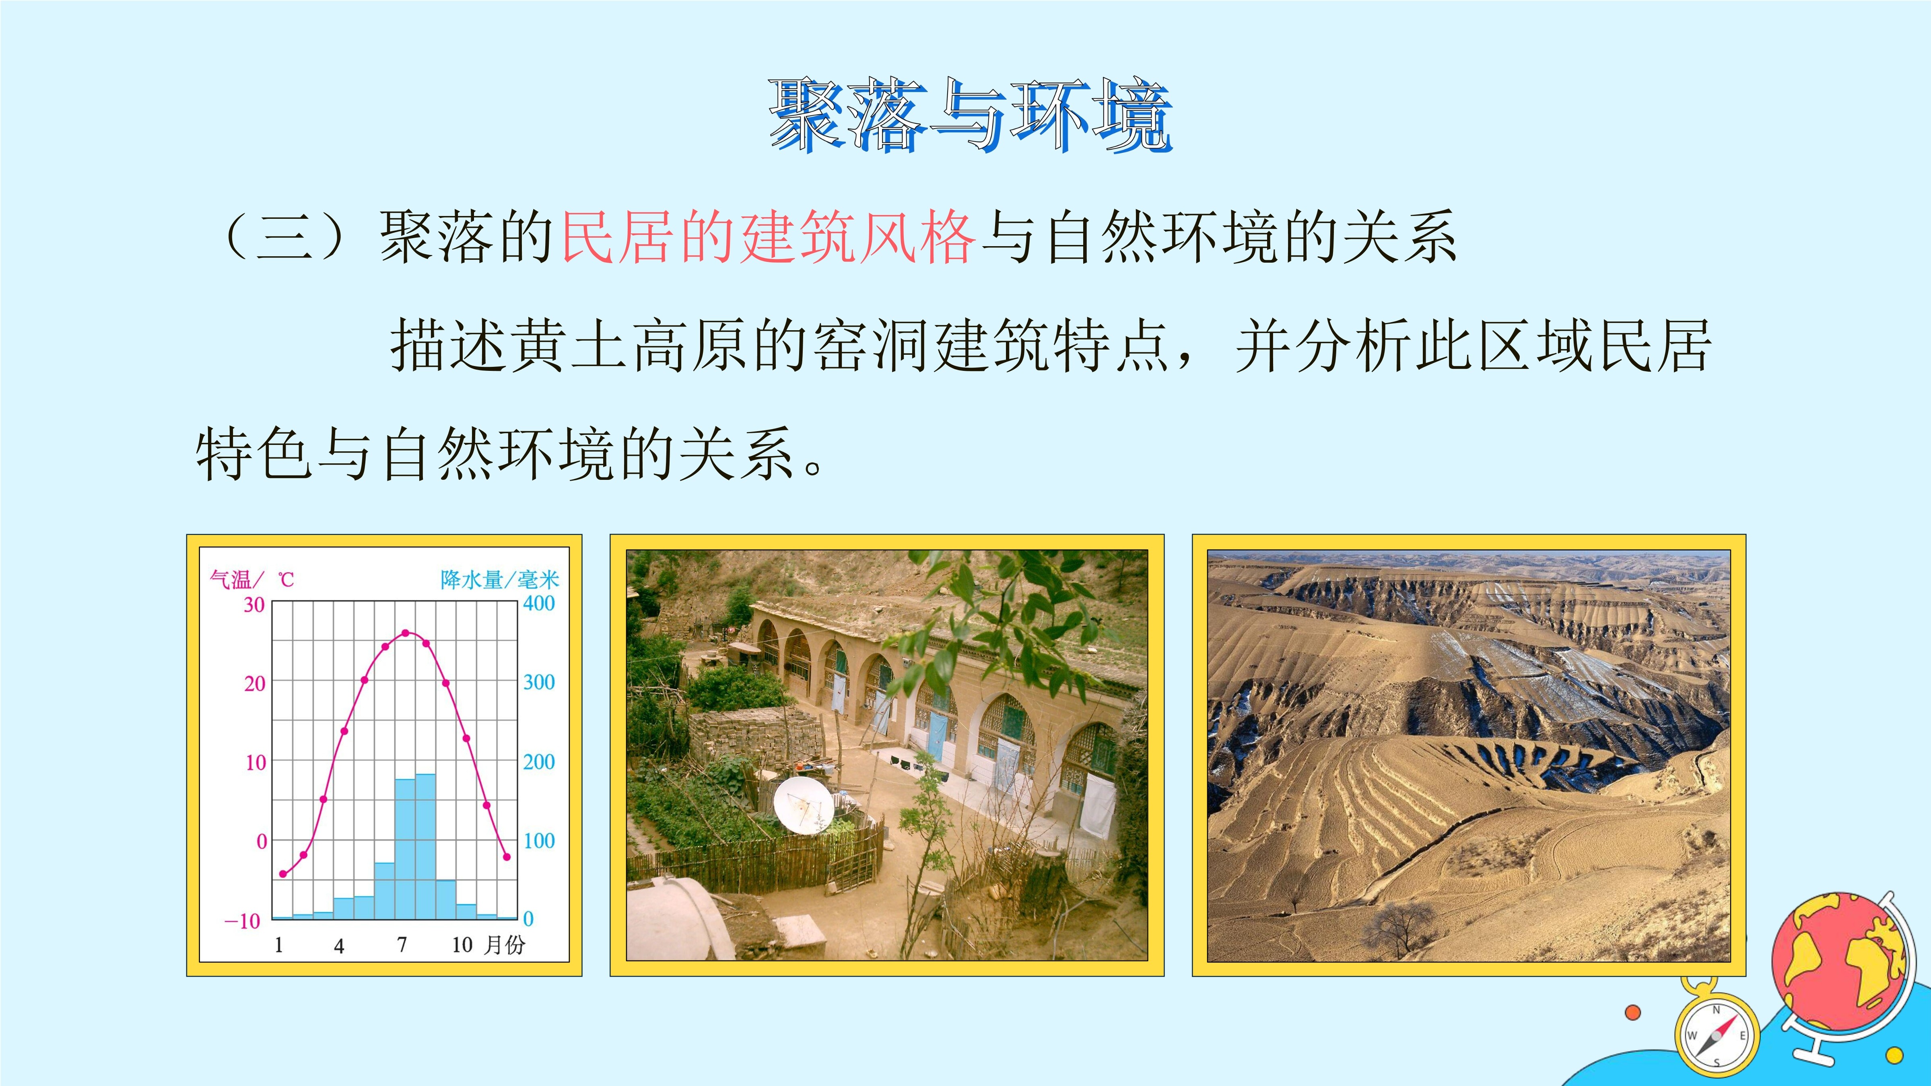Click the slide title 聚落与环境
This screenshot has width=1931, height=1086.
tap(971, 116)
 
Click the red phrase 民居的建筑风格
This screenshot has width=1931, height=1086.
tap(769, 237)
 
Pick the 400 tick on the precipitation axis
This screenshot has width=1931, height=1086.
tap(539, 603)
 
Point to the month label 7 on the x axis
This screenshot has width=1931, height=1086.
tap(402, 945)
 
